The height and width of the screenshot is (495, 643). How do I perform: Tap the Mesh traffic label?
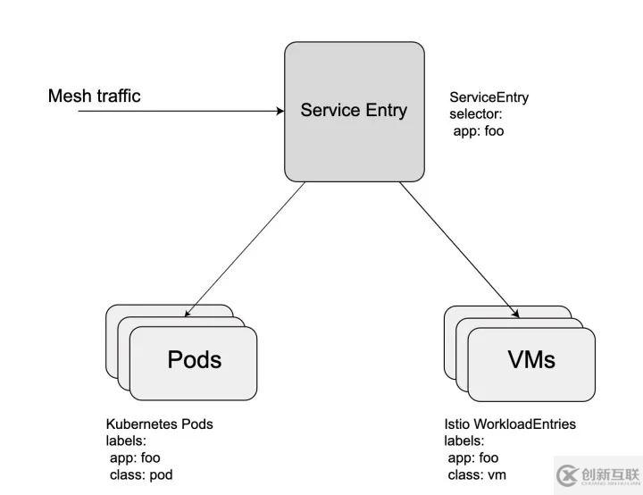(x=94, y=96)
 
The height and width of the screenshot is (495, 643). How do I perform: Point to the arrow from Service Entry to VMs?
(x=460, y=249)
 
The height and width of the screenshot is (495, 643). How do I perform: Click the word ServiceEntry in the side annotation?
(x=489, y=97)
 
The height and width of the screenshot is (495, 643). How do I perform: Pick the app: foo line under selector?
(x=480, y=131)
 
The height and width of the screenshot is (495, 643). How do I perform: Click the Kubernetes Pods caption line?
(x=160, y=424)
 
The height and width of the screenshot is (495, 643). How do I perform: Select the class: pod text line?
(x=142, y=474)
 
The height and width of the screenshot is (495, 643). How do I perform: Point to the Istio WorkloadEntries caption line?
(x=510, y=424)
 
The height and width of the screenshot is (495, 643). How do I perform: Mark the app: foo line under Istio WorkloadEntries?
(x=474, y=457)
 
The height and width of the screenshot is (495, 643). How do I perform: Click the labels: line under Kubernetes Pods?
(x=127, y=441)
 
